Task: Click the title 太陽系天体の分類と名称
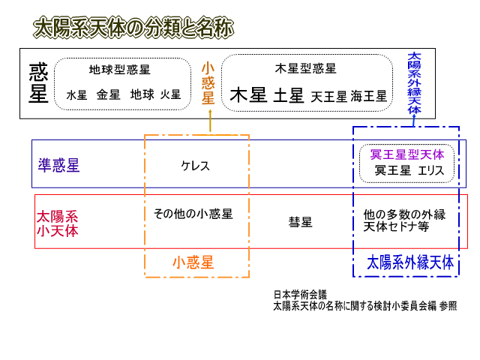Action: click(133, 28)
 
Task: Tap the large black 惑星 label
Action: click(38, 83)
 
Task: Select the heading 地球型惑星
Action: click(120, 70)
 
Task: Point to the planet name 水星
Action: click(77, 95)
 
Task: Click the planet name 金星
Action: click(108, 95)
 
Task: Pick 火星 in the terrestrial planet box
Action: click(170, 94)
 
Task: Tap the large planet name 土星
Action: click(289, 95)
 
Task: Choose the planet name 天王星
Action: click(329, 96)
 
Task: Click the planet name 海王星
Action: click(369, 96)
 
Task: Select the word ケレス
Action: click(195, 165)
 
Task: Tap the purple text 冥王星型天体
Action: click(407, 154)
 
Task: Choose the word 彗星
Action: click(300, 222)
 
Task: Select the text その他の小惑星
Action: click(193, 214)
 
